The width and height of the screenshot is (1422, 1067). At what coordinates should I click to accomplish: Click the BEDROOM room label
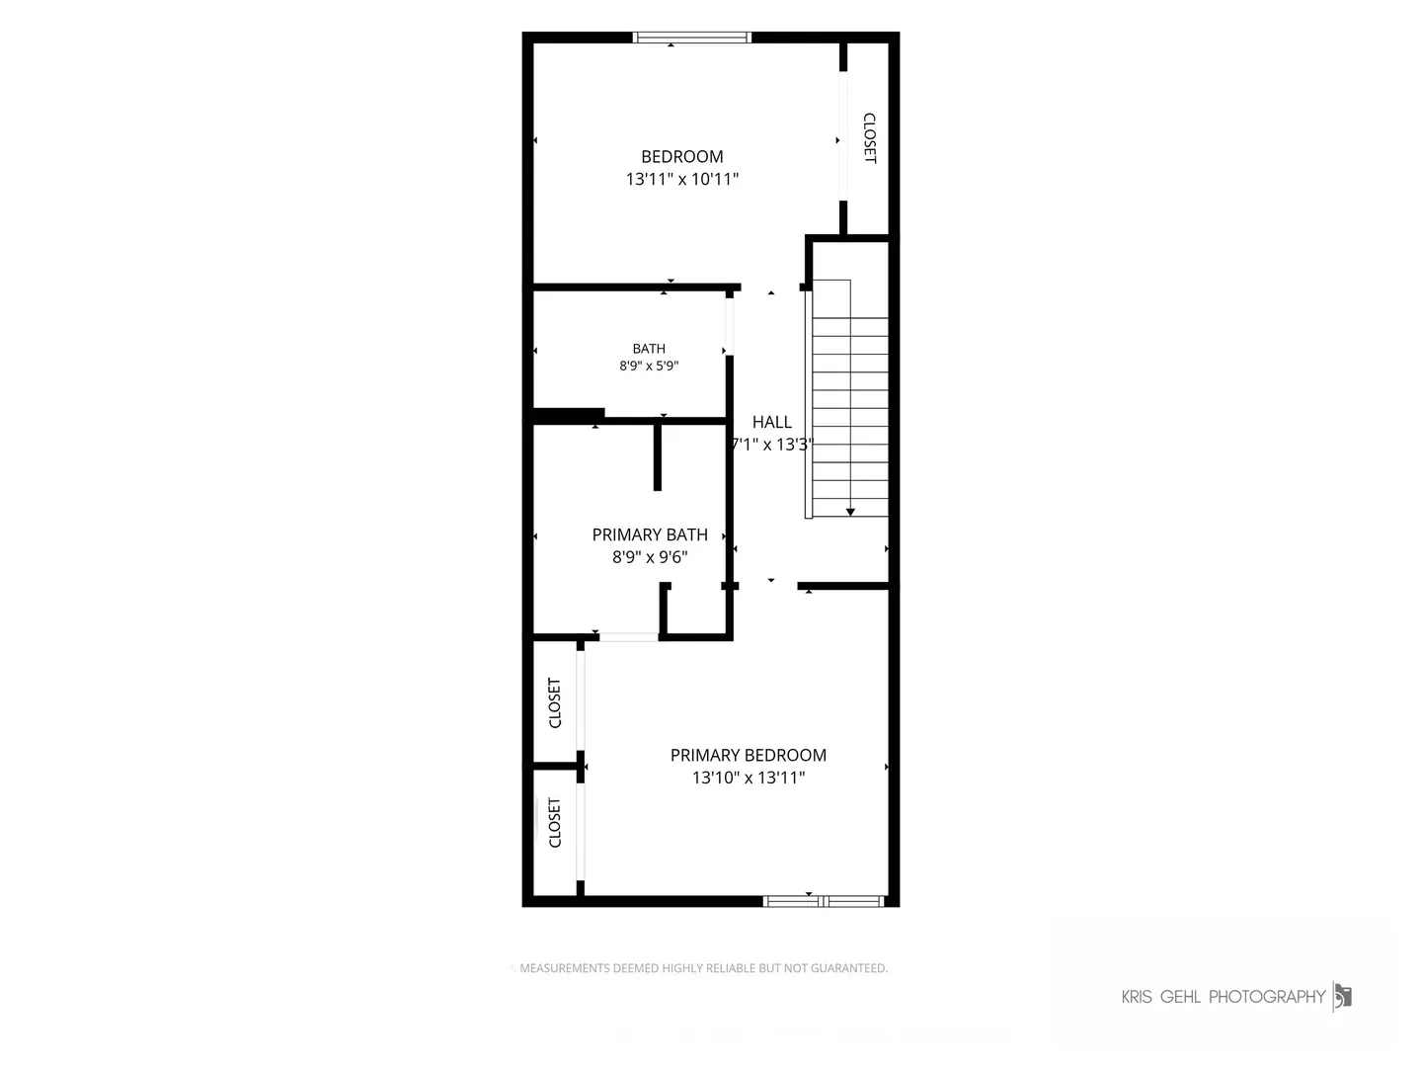pyautogui.click(x=681, y=157)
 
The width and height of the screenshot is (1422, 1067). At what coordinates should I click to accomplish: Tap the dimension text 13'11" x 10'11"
pyautogui.click(x=681, y=179)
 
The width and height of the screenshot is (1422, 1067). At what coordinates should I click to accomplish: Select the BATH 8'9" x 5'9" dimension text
pyautogui.click(x=649, y=366)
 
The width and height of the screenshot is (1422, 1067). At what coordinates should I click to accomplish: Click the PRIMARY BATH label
pyautogui.click(x=649, y=534)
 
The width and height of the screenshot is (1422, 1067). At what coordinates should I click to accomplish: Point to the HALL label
pyautogui.click(x=771, y=422)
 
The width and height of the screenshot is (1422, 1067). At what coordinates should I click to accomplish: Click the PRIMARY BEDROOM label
pyautogui.click(x=749, y=755)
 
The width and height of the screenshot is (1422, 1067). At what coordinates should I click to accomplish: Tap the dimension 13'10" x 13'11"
pyautogui.click(x=749, y=777)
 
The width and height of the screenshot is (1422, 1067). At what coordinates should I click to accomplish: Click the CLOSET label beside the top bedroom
pyautogui.click(x=869, y=138)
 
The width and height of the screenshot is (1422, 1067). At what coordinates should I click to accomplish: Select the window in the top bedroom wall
pyautogui.click(x=692, y=38)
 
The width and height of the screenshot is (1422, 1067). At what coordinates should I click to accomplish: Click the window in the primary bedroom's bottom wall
pyautogui.click(x=824, y=900)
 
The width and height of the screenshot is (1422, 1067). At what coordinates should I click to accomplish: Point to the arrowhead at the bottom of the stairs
pyautogui.click(x=850, y=512)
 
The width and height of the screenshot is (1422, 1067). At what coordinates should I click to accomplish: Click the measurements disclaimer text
pyautogui.click(x=703, y=968)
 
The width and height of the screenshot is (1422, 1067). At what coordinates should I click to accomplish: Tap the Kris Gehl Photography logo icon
pyautogui.click(x=1342, y=997)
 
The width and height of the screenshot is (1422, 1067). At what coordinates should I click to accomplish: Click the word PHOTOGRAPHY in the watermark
pyautogui.click(x=1267, y=997)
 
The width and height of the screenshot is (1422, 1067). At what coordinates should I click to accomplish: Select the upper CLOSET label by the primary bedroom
pyautogui.click(x=555, y=702)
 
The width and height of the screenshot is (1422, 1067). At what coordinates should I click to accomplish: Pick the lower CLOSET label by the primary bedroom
pyautogui.click(x=555, y=822)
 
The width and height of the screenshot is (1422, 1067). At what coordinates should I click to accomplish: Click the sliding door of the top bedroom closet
pyautogui.click(x=843, y=136)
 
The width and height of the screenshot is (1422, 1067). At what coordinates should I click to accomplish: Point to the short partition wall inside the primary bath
pyautogui.click(x=657, y=456)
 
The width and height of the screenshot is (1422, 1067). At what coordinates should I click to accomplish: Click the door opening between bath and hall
pyautogui.click(x=730, y=326)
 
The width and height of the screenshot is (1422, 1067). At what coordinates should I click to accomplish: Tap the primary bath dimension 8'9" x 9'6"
pyautogui.click(x=649, y=556)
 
